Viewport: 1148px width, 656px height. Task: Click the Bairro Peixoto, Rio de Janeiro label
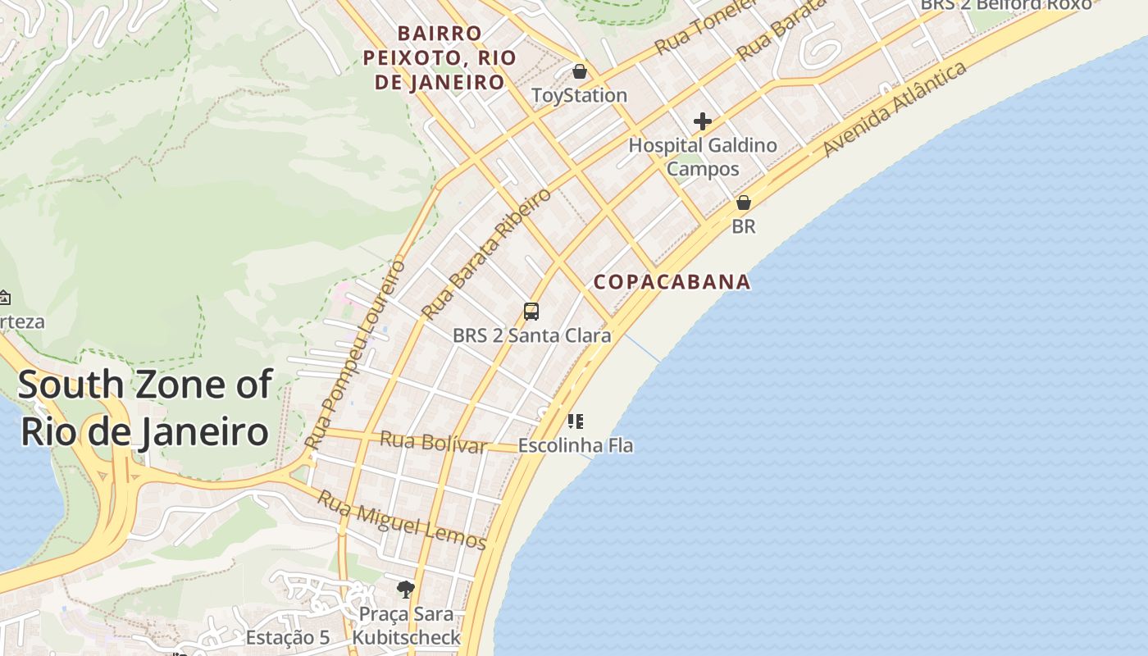pyautogui.click(x=440, y=57)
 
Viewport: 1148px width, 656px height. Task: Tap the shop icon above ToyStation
pyautogui.click(x=580, y=71)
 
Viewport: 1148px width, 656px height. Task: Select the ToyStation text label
pyautogui.click(x=579, y=95)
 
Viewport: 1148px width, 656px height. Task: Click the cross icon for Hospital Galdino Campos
pyautogui.click(x=702, y=121)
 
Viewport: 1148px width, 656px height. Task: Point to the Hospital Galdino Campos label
pyautogui.click(x=703, y=157)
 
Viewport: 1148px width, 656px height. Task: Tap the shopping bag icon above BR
pyautogui.click(x=744, y=203)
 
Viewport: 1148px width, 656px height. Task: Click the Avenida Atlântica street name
pyautogui.click(x=895, y=109)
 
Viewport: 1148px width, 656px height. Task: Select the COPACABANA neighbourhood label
pyautogui.click(x=672, y=282)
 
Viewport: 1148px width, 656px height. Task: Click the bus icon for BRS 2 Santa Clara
pyautogui.click(x=531, y=312)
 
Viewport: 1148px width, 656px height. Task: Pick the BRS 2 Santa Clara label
pyautogui.click(x=531, y=335)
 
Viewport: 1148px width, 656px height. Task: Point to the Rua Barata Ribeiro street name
pyautogui.click(x=486, y=254)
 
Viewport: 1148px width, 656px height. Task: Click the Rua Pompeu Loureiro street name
pyautogui.click(x=355, y=354)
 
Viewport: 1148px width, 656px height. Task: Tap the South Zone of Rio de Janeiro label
pyautogui.click(x=144, y=408)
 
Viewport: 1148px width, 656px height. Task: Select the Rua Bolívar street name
pyautogui.click(x=433, y=443)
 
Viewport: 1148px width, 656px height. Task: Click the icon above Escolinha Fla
pyautogui.click(x=576, y=421)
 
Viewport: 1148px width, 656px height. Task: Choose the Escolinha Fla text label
pyautogui.click(x=576, y=446)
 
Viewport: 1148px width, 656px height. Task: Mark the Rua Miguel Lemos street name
pyautogui.click(x=402, y=520)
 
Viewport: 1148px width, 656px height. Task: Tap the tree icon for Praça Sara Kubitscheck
pyautogui.click(x=405, y=589)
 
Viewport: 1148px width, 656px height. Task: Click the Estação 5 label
pyautogui.click(x=288, y=637)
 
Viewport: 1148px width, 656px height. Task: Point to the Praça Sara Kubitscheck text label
pyautogui.click(x=407, y=626)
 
